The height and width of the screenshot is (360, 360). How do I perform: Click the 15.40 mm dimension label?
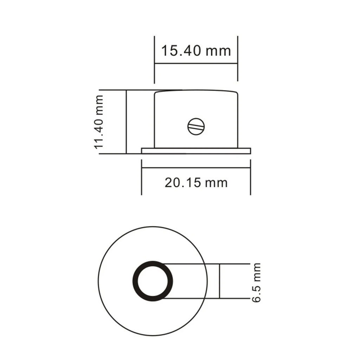196,51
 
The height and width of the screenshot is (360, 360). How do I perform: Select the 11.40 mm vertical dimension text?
99,122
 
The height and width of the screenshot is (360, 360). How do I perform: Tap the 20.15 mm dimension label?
196,183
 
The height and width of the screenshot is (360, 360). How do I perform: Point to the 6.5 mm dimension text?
256,283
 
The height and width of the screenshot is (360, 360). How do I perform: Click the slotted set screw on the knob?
196,127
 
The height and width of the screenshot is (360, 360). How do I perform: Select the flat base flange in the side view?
196,151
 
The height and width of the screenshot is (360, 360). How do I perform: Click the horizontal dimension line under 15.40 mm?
196,63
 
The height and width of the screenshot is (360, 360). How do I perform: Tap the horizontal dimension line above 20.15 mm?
196,168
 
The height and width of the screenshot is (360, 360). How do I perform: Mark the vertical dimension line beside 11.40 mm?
126,122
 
